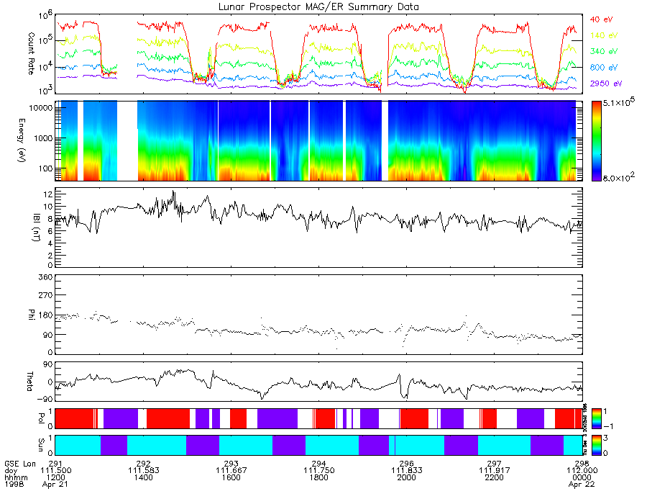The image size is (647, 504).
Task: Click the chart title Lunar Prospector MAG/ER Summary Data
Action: (x=319, y=6)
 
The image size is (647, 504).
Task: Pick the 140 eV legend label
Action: (x=602, y=35)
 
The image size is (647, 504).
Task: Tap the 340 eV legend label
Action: (x=602, y=51)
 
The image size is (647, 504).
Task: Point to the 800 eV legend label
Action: (x=602, y=68)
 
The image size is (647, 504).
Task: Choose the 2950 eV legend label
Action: (x=605, y=84)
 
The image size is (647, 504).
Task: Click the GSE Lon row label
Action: (x=20, y=463)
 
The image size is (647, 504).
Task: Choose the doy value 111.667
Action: (x=231, y=470)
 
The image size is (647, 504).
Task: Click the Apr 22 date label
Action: (x=583, y=484)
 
